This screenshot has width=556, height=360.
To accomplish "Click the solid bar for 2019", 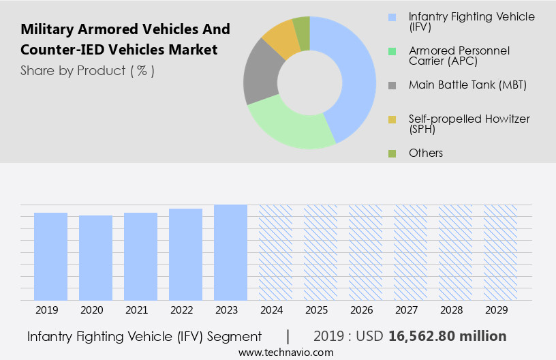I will coord(50,256).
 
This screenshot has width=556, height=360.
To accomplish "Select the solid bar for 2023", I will coord(230,252).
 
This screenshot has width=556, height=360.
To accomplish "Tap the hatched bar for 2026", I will coord(365,252).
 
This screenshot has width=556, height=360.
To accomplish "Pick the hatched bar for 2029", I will coord(500,252).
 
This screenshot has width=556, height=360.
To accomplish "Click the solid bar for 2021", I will coord(140,256).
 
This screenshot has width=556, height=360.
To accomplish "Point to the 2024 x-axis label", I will coord(275,310).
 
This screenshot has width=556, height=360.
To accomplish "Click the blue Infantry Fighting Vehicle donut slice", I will coord(354,75).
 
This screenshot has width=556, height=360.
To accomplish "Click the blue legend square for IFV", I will coord(392,16).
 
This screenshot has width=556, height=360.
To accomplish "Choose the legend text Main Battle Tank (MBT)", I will coord(467,85).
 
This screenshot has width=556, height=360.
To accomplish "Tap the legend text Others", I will coord(426,153).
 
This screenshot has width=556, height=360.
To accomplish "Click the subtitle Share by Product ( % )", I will coord(87,70).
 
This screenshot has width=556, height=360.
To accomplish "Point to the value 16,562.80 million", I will coord(447,336).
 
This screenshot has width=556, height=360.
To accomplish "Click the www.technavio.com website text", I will coord(285,352).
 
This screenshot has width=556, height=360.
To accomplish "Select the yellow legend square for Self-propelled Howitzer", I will coord(392,119).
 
